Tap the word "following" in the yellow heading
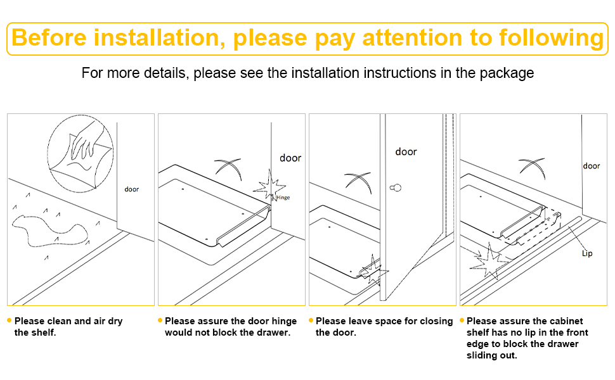click(551, 39)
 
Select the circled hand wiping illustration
click(81, 153)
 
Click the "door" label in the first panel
click(132, 189)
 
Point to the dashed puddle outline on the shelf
click(49, 231)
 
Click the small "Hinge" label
click(283, 198)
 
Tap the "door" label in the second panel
click(290, 158)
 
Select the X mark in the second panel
click(228, 168)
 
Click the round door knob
click(396, 188)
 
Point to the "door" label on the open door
click(406, 151)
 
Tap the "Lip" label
click(587, 253)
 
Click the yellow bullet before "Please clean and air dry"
click(10, 320)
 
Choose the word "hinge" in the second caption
click(285, 321)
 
